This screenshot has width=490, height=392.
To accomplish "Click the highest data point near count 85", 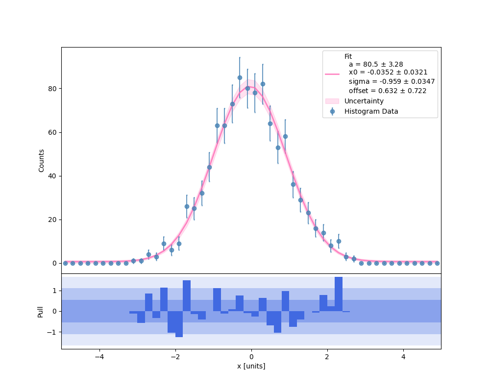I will [x=240, y=77].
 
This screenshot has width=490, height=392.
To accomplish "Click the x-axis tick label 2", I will [x=327, y=358].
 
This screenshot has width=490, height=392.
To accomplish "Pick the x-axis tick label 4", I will [x=403, y=358].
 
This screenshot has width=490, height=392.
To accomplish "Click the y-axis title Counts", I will [x=41, y=160].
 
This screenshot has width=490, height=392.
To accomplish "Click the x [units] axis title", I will [x=251, y=367].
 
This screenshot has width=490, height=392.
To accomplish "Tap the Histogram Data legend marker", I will [x=332, y=111].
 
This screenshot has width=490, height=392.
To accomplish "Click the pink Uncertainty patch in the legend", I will [x=332, y=101].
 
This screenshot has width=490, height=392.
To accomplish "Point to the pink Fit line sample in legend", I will [x=332, y=74].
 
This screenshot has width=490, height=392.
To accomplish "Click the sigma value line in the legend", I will [x=392, y=82].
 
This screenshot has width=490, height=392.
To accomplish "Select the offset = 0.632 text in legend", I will [x=387, y=91].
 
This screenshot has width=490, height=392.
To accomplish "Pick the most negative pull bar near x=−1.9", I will [x=179, y=324].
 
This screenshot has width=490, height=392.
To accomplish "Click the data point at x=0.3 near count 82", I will [x=263, y=84].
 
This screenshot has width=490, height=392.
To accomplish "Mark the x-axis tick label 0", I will [x=251, y=358].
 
